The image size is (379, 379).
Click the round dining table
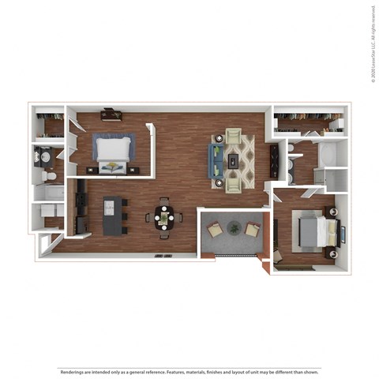tap(164, 216)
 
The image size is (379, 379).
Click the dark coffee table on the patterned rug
tap(235, 160)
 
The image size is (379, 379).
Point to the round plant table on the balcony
tap(234, 228)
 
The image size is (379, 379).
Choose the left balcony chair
tap(215, 230)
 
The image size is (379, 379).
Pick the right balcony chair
tap(252, 230)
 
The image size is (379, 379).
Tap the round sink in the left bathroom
tap(45, 156)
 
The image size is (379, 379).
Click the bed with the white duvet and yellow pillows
tap(113, 152)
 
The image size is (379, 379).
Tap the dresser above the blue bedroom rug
tap(111, 115)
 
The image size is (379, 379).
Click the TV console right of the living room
tap(274, 160)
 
